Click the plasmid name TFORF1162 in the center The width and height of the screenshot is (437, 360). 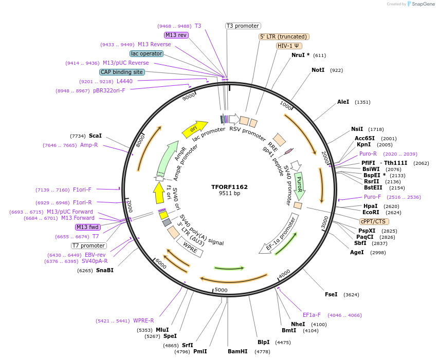tap(229, 187)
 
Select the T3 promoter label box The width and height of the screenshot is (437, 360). tap(243, 26)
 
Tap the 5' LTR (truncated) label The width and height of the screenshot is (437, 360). tap(283, 36)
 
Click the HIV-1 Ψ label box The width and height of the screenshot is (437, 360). tap(289, 46)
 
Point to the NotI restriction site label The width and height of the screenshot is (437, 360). tap(318, 70)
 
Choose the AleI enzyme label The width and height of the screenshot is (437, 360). tap(343, 102)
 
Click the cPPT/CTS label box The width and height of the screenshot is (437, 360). tap(373, 221)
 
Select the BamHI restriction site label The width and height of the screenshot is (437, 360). tap(238, 352)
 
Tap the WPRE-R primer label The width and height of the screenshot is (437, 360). tap(143, 321)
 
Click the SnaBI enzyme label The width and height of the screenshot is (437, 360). tap(104, 270)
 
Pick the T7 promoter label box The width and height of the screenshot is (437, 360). tap(89, 245)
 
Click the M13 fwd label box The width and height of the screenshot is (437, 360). tap(87, 227)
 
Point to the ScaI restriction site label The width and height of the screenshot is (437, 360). tap(95, 136)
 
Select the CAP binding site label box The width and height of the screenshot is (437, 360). tap(122, 72)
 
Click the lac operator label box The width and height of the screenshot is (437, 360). tap(147, 53)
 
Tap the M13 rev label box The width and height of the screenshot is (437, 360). tap(176, 35)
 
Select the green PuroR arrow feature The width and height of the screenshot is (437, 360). tap(299, 185)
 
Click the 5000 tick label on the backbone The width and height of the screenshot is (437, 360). tap(221, 290)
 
